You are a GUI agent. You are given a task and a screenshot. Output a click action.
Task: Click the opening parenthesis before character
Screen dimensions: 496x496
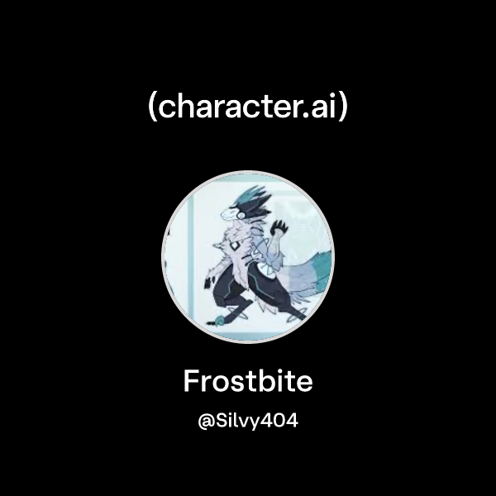(x=152, y=108)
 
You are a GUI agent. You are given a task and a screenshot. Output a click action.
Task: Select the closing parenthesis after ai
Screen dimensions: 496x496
(x=342, y=108)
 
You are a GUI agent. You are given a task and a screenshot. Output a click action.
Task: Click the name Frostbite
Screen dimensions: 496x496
(x=248, y=382)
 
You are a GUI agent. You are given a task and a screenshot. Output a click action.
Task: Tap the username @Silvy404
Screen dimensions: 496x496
(x=248, y=421)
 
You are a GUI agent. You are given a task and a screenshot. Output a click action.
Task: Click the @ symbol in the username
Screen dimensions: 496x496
(x=206, y=421)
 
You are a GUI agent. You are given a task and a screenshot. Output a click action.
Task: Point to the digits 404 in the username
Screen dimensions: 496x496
(x=281, y=421)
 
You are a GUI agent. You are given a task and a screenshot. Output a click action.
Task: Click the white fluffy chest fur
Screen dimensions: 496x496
(x=225, y=252)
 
